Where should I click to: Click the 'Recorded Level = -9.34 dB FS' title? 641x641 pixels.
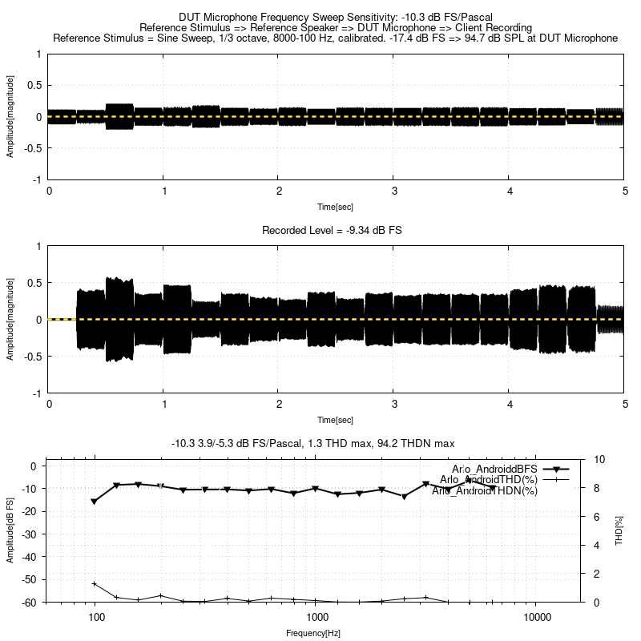coord(332,231)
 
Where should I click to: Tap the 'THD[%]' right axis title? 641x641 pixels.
coord(619,530)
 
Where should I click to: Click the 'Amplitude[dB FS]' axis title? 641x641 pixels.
coord(10,530)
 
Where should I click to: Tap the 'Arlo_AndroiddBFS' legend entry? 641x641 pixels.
coord(495,469)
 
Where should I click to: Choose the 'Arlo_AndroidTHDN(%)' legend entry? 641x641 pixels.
coord(484,490)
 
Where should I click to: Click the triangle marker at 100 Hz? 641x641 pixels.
coord(95,502)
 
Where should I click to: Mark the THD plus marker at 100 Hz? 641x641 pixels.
coord(95,584)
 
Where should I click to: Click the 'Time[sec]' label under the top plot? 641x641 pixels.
coord(335,207)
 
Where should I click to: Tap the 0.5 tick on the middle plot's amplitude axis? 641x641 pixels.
coord(34,283)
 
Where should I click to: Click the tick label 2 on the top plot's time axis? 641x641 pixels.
coord(279,191)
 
